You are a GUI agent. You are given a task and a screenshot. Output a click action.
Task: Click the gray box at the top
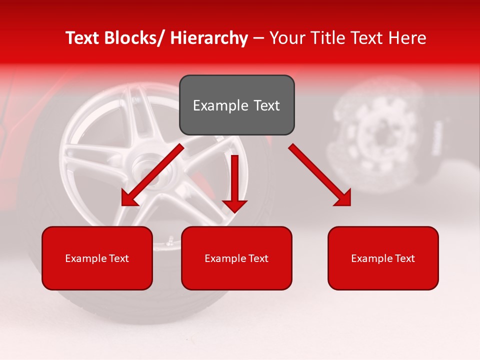236,105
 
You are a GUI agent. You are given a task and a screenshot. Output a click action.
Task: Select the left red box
97,258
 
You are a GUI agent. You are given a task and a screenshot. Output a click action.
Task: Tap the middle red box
236,258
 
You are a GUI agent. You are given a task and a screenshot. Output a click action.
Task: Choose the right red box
383,258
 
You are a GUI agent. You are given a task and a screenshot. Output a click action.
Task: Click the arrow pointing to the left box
152,175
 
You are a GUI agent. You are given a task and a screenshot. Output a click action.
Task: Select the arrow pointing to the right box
320,175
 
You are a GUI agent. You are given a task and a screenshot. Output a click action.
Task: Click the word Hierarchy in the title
208,38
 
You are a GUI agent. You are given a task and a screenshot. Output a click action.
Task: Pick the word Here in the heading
407,38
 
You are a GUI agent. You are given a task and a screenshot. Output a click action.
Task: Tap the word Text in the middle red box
257,258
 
